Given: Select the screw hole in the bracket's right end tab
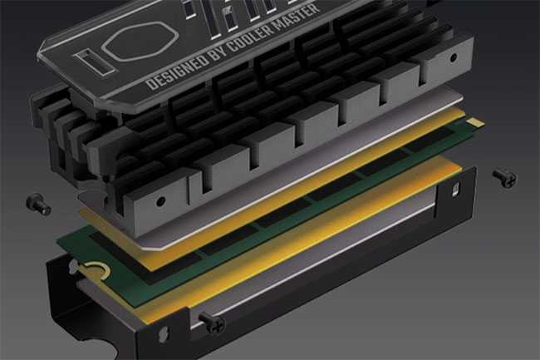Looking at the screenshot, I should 453,189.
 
